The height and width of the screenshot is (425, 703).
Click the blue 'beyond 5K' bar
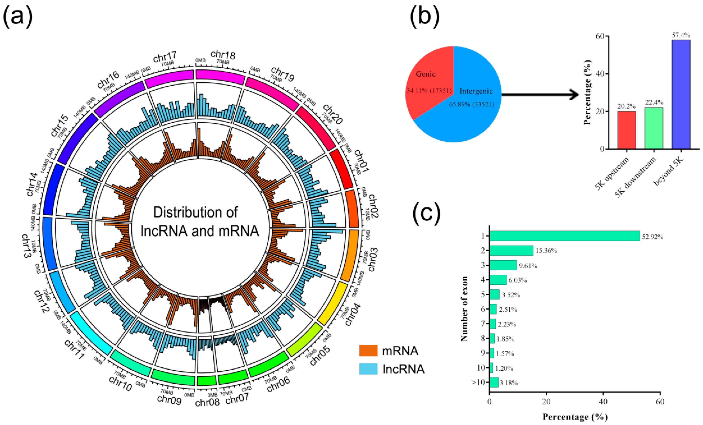click(681, 94)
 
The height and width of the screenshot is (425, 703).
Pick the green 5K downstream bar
click(654, 128)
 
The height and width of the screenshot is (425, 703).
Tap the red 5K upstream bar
click(627, 130)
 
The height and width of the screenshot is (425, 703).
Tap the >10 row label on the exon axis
click(478, 382)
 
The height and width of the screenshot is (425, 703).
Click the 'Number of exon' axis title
click(464, 309)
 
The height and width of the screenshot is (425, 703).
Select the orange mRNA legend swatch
click(368, 350)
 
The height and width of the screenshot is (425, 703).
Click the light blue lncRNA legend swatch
click(368, 369)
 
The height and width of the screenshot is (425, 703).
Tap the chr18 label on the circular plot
click(223, 55)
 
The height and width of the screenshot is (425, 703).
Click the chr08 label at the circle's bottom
click(207, 403)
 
